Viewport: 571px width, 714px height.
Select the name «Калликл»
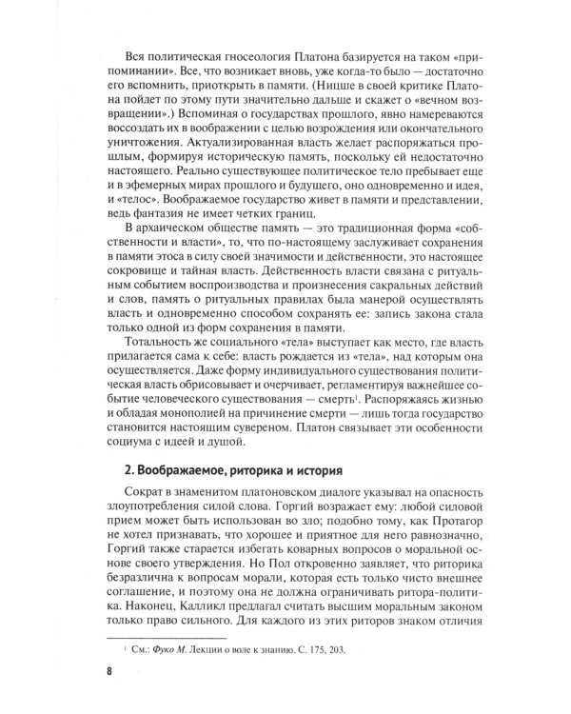pyautogui.click(x=207, y=606)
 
